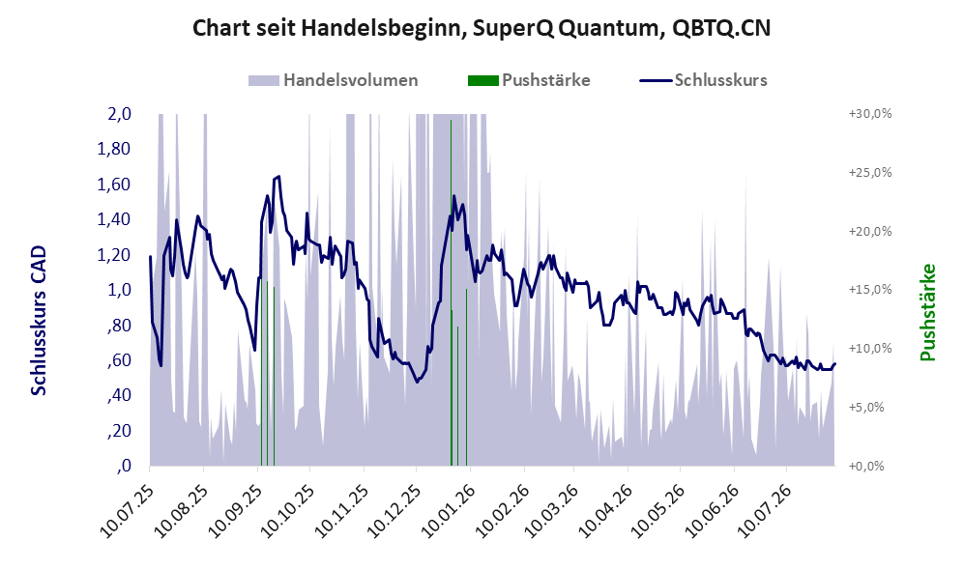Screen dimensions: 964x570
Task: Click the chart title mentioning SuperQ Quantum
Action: click(x=482, y=28)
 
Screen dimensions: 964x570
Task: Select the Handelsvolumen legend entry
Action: click(x=334, y=80)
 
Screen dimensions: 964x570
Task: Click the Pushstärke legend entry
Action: click(x=529, y=80)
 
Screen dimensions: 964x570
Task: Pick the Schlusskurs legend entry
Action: click(x=703, y=80)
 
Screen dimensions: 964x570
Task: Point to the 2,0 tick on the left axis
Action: click(x=119, y=114)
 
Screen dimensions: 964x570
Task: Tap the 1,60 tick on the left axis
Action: click(x=114, y=185)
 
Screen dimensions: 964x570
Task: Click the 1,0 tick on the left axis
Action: click(x=119, y=290)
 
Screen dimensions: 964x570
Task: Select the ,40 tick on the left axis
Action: click(x=119, y=395)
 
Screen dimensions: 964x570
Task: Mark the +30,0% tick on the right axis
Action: click(x=870, y=114)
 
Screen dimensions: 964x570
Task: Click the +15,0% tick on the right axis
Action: click(x=870, y=289)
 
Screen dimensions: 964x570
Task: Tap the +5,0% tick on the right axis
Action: click(x=866, y=407)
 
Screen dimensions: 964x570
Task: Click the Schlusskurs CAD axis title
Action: click(x=38, y=321)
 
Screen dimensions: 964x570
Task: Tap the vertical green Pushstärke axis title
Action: click(x=927, y=313)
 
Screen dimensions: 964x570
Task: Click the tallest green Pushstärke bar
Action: click(x=452, y=293)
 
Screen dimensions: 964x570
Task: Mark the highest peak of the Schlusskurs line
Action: click(x=279, y=176)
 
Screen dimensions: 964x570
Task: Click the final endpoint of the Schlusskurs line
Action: click(x=834, y=363)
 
